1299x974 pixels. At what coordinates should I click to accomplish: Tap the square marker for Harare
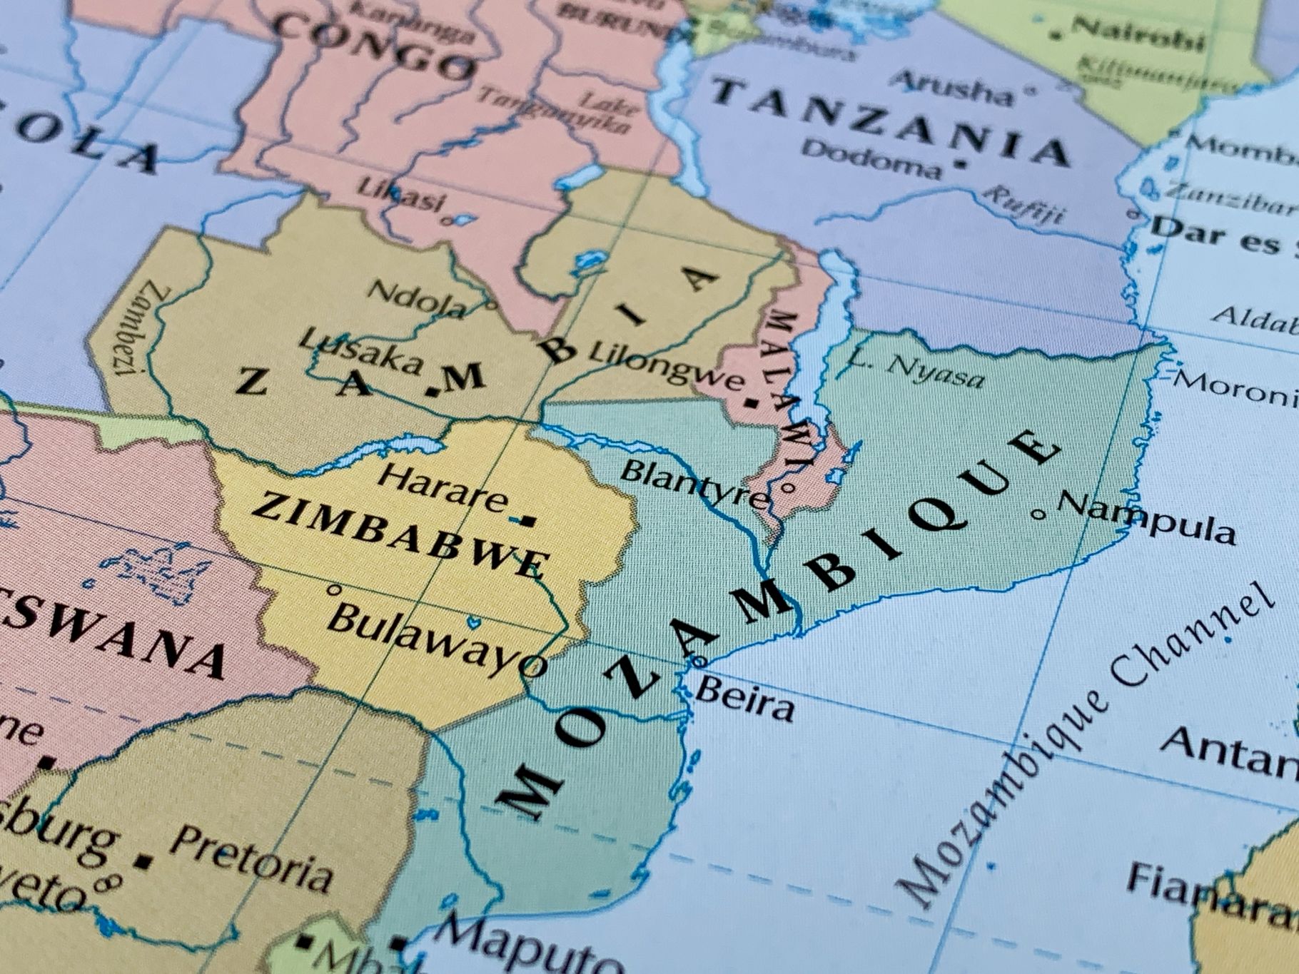coord(528,521)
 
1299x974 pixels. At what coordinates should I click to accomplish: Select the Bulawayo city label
coord(435,639)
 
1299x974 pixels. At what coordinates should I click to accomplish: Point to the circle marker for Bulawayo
coord(332,590)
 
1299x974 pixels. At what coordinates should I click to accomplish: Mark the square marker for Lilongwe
coord(751,403)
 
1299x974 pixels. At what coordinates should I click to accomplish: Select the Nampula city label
coord(1146,518)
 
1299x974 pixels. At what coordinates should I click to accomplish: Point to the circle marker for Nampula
coord(1040,513)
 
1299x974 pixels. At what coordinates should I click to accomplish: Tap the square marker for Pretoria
coord(144,862)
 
